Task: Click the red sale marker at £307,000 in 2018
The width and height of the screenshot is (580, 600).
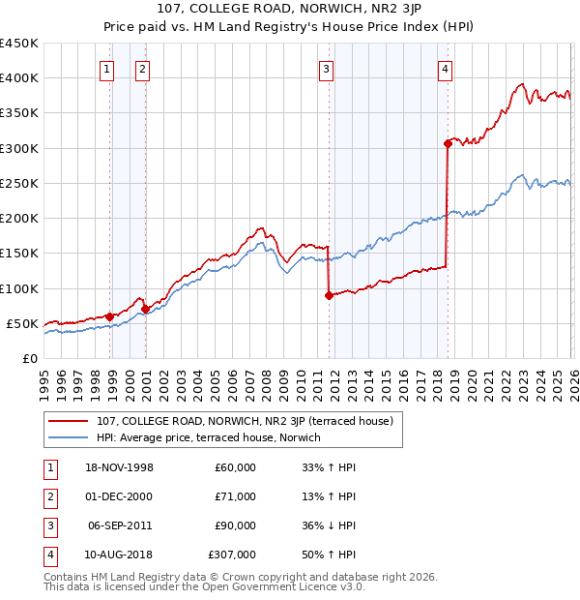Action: point(448,143)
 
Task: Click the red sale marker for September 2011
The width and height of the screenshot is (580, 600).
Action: point(329,295)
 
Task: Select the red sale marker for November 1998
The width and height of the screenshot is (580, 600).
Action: point(109,315)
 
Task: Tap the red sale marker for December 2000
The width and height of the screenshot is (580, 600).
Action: point(144,309)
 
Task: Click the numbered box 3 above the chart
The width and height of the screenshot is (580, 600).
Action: point(327,69)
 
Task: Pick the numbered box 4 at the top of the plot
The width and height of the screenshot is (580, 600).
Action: point(445,69)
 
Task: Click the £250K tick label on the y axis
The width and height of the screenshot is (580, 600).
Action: point(19,183)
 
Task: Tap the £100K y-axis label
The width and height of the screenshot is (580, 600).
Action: point(19,288)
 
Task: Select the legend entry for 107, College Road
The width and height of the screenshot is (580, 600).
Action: point(244,422)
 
